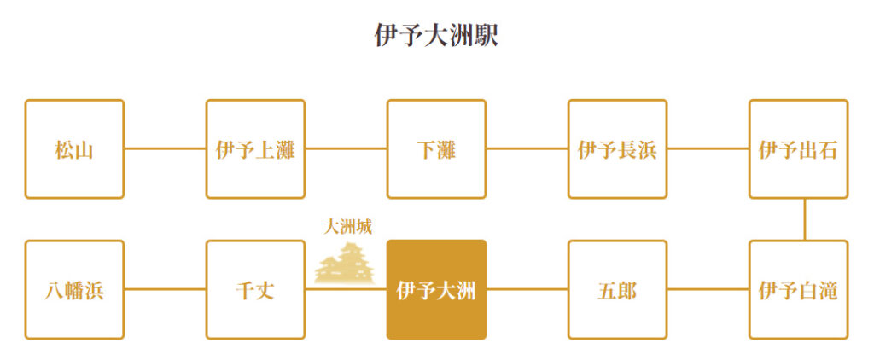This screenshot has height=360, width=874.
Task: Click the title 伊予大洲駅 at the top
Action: coord(436,36)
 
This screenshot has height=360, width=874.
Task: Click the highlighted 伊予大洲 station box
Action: coord(436,290)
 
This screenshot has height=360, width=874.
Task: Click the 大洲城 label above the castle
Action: coord(348,228)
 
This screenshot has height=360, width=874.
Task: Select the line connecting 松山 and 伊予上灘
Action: coord(165,148)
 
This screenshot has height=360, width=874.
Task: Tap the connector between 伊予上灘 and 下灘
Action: coord(347,148)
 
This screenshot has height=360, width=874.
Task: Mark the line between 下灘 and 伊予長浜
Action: coord(527,148)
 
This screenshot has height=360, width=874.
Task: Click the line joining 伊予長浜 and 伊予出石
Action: coord(708,148)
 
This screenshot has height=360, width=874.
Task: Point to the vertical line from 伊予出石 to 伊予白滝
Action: coord(804,219)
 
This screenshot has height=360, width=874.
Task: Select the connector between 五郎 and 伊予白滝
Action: coord(708,290)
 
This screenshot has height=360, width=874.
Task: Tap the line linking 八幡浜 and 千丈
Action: coord(165,290)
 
